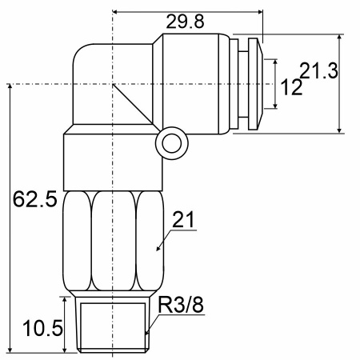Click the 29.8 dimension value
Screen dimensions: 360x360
pos(185,22)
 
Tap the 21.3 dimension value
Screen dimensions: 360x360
pos(319,70)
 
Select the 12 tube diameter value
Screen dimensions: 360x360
pos(292,87)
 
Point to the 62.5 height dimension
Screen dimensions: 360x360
pos(35,199)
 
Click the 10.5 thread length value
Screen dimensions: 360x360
pos(43,328)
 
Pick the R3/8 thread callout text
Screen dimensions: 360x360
pos(181,305)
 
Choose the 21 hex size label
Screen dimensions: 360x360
pos(183,220)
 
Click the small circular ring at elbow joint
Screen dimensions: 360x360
pos(172,143)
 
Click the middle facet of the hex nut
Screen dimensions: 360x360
pos(114,241)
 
